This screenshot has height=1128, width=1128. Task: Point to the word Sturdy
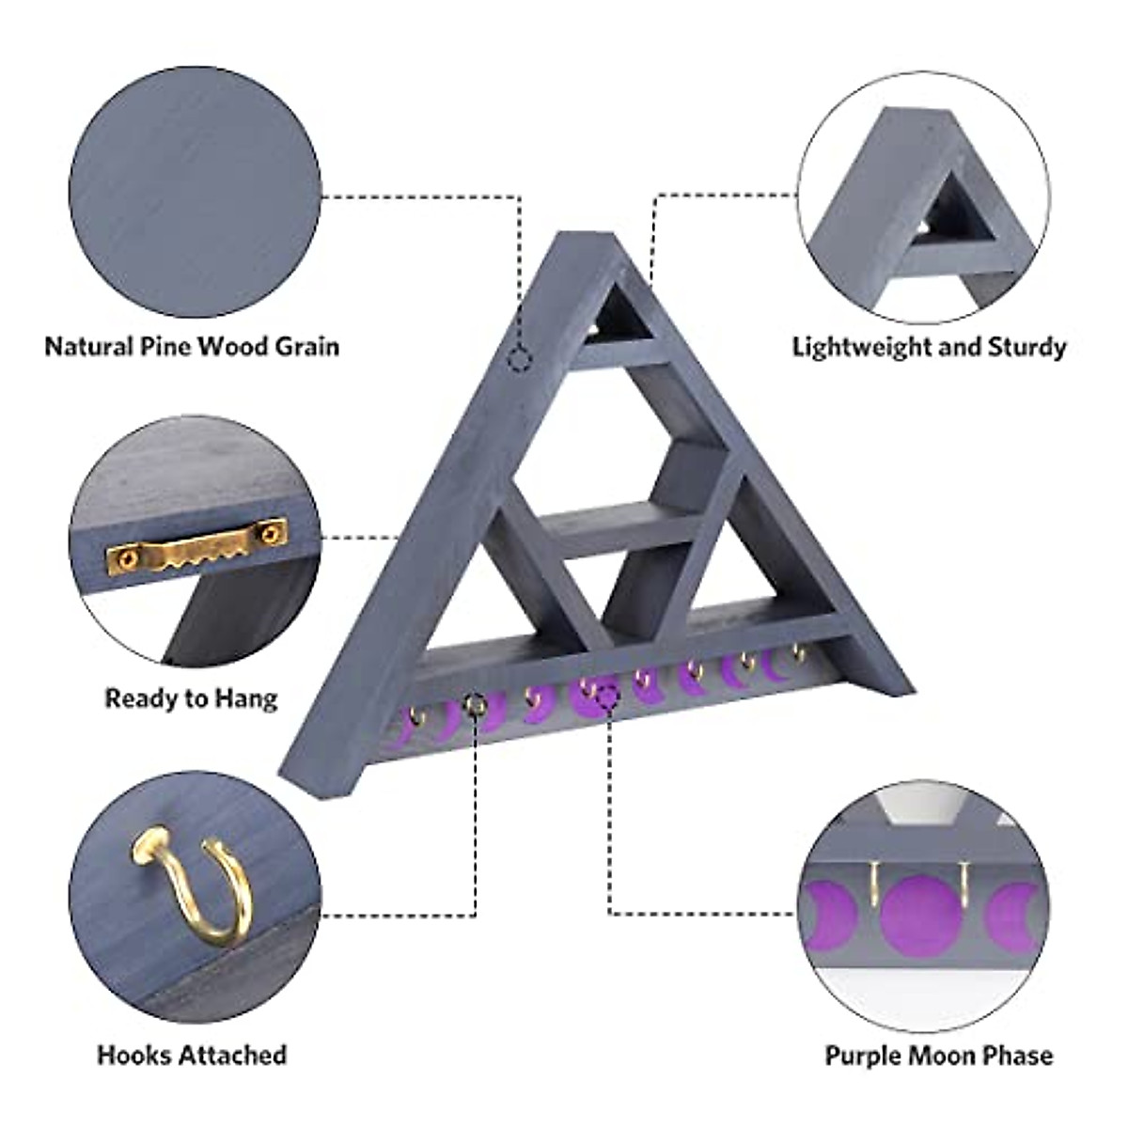[x=1026, y=347]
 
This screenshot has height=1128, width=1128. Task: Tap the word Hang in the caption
[x=246, y=698]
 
